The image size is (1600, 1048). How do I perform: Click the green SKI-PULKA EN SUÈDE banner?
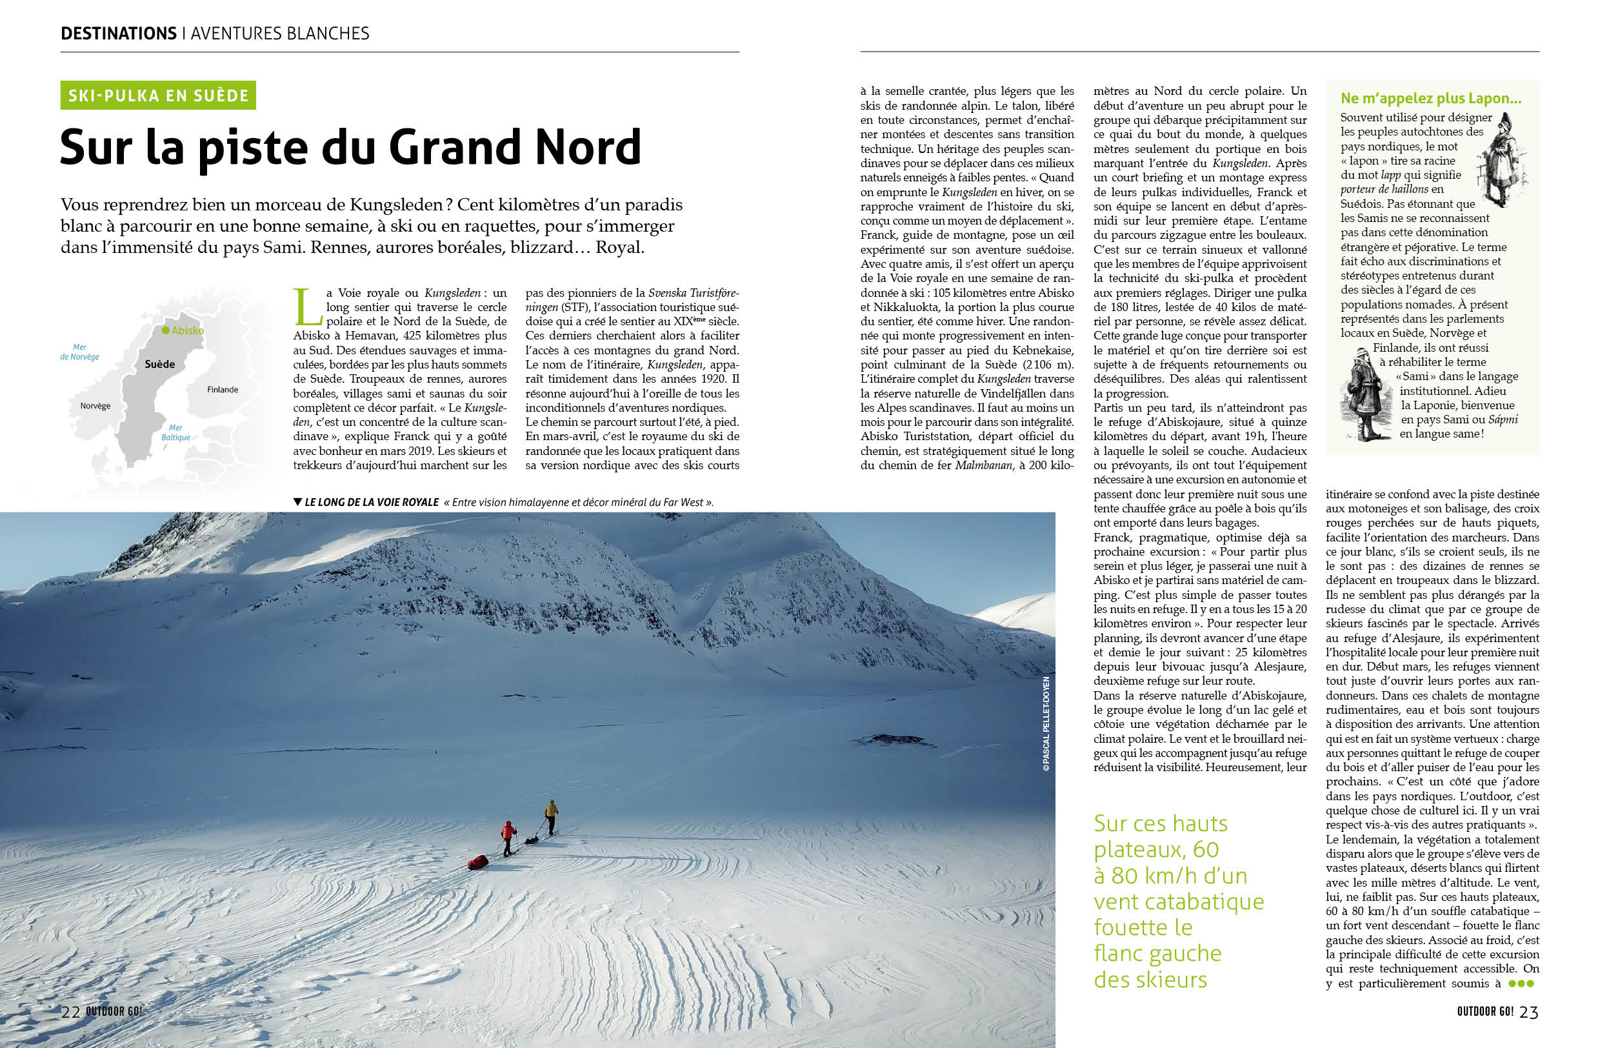pos(158,96)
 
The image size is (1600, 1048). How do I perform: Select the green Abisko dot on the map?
pos(165,330)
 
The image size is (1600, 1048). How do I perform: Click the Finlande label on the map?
pos(223,390)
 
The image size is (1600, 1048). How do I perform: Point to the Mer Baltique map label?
pos(175,432)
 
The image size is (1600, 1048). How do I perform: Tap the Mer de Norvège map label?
pos(79,352)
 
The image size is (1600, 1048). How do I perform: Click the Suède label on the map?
pos(160,365)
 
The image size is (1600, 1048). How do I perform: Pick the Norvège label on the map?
pos(95,406)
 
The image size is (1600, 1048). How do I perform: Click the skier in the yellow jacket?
pos(551,816)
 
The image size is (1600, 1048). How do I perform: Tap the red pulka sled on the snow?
pos(478,862)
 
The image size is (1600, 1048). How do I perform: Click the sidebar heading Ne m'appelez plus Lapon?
pos(1430,98)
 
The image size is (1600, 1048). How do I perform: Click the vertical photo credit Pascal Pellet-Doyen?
pos(1046,723)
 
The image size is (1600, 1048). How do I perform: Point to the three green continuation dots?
pos(1521,983)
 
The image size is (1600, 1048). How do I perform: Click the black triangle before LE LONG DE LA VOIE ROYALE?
pos(298,501)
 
